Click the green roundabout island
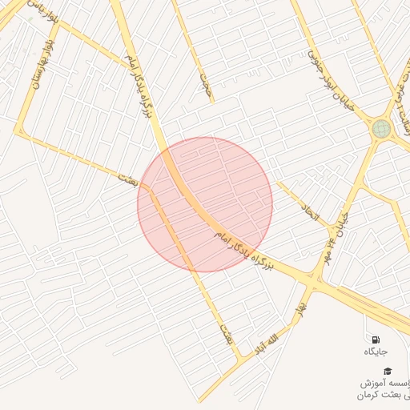click(x=381, y=128)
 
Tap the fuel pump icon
click(x=376, y=339)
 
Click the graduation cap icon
click(x=388, y=371)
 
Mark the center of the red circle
click(x=205, y=204)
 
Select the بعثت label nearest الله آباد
click(x=226, y=332)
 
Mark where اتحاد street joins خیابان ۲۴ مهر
click(x=331, y=232)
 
